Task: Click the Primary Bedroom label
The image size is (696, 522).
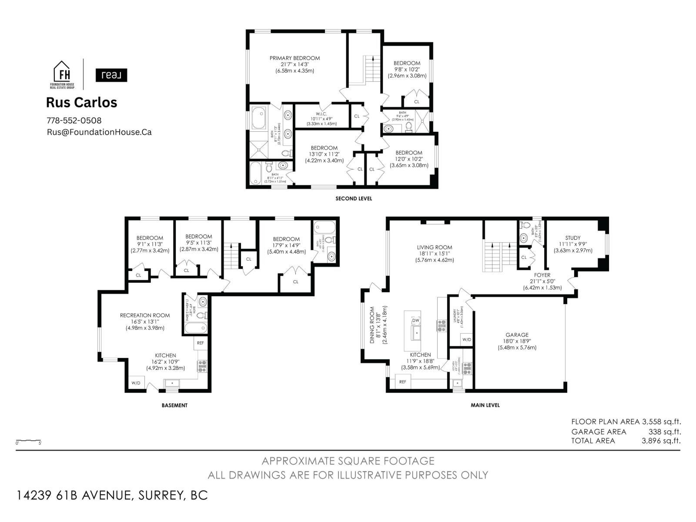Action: tap(294, 58)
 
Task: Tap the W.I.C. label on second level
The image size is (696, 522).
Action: tap(322, 114)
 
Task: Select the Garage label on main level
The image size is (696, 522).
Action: tap(517, 335)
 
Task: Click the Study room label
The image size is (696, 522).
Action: tap(572, 238)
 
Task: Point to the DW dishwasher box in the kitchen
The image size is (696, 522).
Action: tap(416, 321)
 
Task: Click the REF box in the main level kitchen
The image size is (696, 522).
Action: tap(403, 382)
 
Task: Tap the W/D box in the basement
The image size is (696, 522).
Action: tap(136, 383)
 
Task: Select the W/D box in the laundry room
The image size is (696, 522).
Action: tap(466, 339)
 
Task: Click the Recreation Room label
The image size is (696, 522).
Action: tap(145, 315)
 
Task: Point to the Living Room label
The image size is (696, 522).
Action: tap(434, 248)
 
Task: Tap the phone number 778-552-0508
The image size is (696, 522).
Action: tap(74, 120)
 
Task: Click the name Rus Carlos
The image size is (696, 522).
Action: tap(82, 102)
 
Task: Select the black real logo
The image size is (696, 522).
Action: tap(111, 75)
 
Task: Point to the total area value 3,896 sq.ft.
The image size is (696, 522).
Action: tap(661, 441)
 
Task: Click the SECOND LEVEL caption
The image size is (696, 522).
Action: tap(354, 199)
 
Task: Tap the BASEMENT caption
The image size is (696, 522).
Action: tap(174, 405)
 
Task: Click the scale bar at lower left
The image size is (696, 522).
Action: tap(29, 441)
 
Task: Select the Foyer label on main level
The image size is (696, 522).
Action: tap(542, 275)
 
